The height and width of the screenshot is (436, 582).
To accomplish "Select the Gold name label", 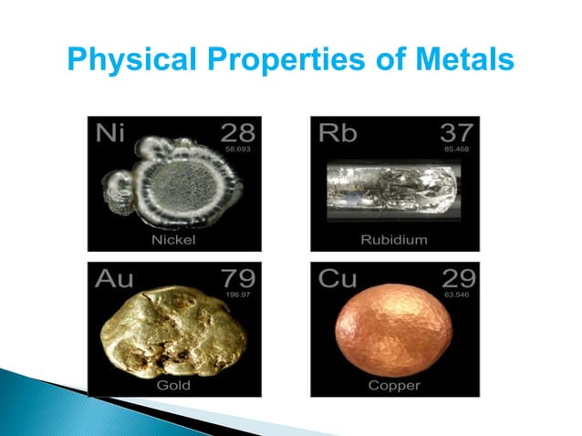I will pos(172,385).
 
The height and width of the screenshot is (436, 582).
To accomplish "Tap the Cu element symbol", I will pos(338,278).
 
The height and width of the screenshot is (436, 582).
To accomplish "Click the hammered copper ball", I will pos(395,332).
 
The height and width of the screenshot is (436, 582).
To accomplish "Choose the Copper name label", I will pos(395,385).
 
